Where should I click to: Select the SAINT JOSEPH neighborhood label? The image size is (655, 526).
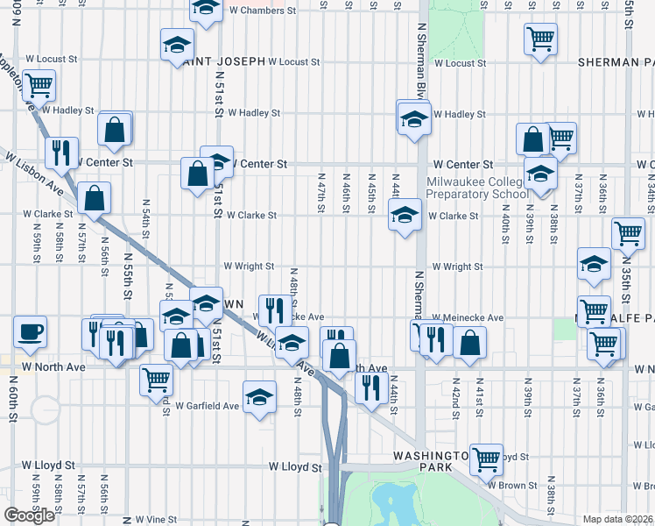223,61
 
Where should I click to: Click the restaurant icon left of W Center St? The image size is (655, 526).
61,153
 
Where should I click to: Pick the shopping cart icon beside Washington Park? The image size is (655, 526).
486,458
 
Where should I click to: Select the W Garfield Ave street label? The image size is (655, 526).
207,406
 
